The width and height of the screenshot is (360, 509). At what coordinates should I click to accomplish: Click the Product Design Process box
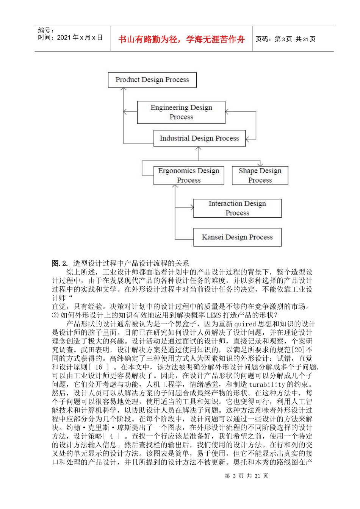(152, 80)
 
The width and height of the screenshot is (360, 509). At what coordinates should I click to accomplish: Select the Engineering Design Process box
(181, 112)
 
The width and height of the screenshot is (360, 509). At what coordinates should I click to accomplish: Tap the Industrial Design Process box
(199, 139)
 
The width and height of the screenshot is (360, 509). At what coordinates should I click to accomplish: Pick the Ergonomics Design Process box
(189, 175)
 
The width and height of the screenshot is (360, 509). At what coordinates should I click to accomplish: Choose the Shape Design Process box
(260, 175)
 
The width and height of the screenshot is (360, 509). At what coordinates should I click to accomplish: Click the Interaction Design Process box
(237, 208)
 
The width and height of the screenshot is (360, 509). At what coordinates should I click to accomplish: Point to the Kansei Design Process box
(237, 237)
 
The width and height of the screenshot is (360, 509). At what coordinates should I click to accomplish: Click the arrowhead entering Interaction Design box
(192, 207)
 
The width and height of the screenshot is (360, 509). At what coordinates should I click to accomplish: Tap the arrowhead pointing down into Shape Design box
(260, 164)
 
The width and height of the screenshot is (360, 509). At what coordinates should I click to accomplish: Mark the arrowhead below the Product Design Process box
(124, 90)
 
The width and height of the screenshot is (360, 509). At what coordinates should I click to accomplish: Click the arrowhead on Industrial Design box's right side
(248, 139)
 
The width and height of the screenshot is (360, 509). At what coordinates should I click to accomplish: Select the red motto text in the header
(182, 39)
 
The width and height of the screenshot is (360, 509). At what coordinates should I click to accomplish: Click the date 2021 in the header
(64, 37)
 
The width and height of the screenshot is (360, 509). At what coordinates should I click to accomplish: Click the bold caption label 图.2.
(60, 263)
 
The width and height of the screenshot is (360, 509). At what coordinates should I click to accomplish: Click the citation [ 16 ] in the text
(99, 367)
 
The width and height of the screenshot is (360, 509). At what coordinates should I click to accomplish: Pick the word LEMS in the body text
(214, 315)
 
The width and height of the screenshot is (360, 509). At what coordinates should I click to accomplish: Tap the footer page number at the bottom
(247, 476)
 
